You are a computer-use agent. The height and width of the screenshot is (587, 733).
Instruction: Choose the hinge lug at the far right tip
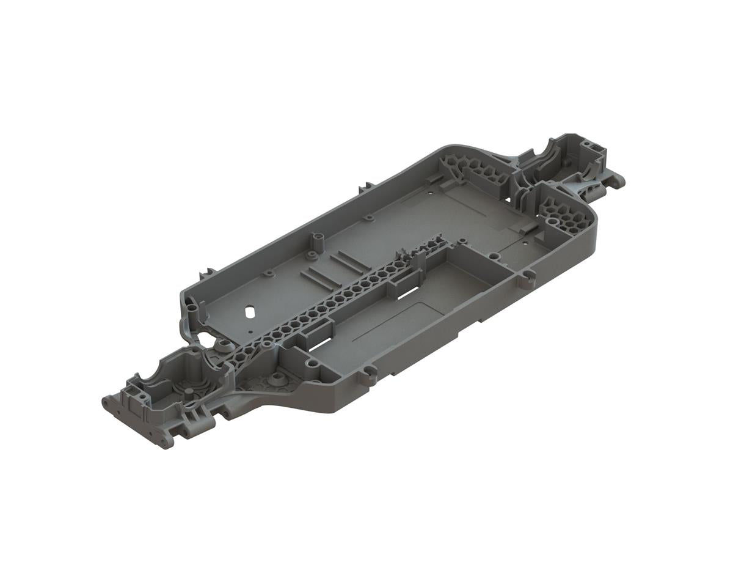pos(618,179)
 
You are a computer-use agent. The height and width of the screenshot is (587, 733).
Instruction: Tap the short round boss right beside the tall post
pos(311,252)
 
